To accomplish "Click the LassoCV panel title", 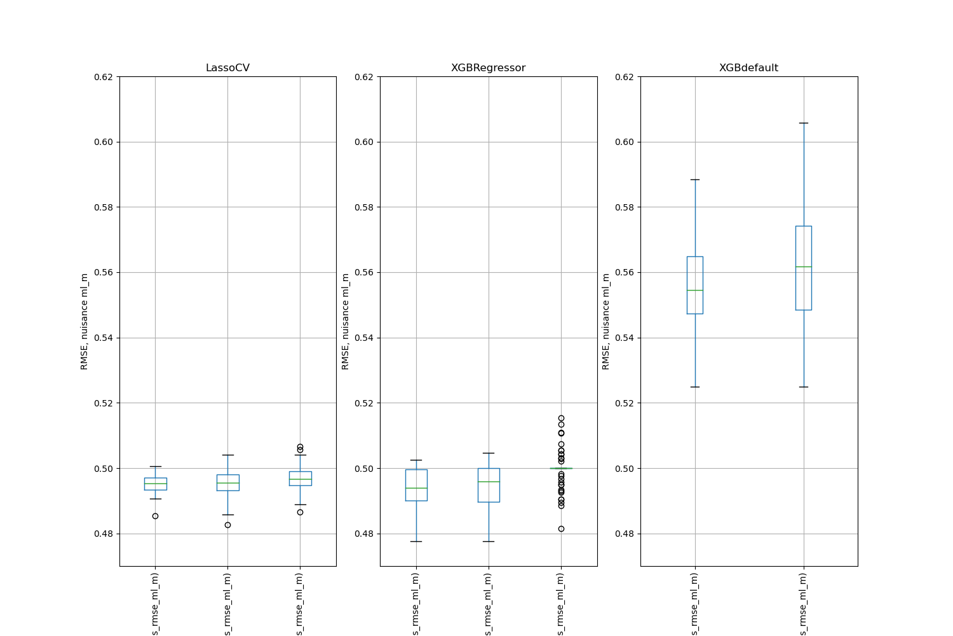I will point(227,68).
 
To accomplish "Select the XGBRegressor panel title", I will point(488,68).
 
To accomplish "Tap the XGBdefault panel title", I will point(748,68).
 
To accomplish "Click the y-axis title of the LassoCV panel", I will point(84,321).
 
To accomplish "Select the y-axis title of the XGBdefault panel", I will point(606,321).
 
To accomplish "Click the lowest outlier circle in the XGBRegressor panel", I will point(561,529).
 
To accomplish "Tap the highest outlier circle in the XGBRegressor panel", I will point(561,418).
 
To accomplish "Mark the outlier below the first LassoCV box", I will point(155,516).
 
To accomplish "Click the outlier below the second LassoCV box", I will point(227,525).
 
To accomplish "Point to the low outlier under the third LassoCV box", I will point(300,512).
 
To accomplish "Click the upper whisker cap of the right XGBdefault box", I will point(804,123).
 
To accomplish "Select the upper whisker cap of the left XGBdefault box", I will point(695,179).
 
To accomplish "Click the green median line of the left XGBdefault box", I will point(695,290).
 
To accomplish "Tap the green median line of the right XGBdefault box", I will point(804,266).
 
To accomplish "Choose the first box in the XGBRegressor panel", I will point(416,485).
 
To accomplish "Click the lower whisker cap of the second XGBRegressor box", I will point(489,541).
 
